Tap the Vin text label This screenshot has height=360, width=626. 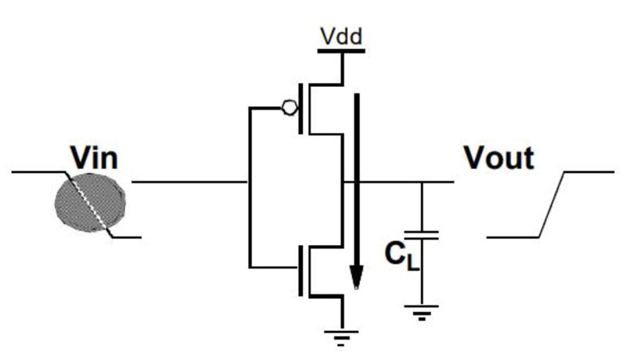(x=94, y=158)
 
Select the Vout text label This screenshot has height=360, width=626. (x=498, y=158)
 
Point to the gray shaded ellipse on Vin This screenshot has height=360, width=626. (x=90, y=202)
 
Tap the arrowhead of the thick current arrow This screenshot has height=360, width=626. (x=357, y=277)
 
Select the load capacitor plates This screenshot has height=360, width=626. (x=423, y=234)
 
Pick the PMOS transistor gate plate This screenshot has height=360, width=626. (x=300, y=109)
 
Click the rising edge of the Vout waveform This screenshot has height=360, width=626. (x=553, y=203)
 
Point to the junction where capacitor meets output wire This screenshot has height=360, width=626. (x=423, y=183)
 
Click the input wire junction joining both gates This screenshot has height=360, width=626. (x=249, y=183)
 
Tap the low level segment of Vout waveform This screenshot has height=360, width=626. (x=513, y=236)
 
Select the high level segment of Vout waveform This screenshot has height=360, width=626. (x=591, y=171)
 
